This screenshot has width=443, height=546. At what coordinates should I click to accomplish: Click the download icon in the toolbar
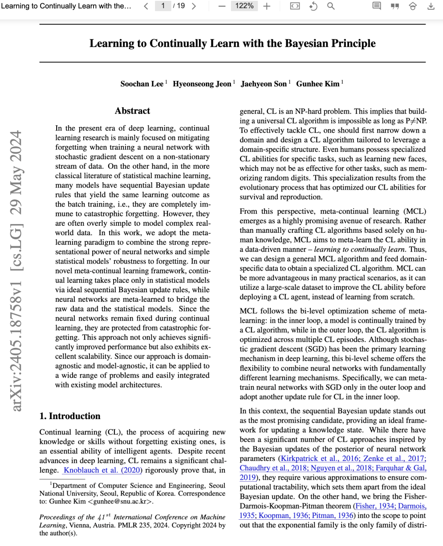coord(431,6)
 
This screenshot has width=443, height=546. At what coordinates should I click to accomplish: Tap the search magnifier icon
coord(331,6)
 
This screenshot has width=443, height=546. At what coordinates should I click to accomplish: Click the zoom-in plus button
coord(267,6)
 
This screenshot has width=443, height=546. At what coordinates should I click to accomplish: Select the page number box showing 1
coord(163,6)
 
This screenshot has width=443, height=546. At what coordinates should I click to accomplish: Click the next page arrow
coord(194,6)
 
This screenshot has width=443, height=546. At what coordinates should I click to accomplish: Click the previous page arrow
coord(146,6)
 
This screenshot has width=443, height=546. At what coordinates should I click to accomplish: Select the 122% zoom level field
coord(244,6)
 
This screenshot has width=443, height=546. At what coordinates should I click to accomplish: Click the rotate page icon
coord(313,6)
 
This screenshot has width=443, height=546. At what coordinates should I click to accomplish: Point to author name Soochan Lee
coord(142,84)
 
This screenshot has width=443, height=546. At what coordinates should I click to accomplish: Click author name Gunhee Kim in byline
coord(317,84)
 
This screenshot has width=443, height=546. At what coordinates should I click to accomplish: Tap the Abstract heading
coord(132,111)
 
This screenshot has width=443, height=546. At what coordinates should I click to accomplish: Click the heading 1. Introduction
coord(70,416)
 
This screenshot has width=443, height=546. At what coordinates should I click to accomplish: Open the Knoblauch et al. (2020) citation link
coord(103,470)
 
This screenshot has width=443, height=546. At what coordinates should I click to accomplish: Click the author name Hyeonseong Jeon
coord(202,84)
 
